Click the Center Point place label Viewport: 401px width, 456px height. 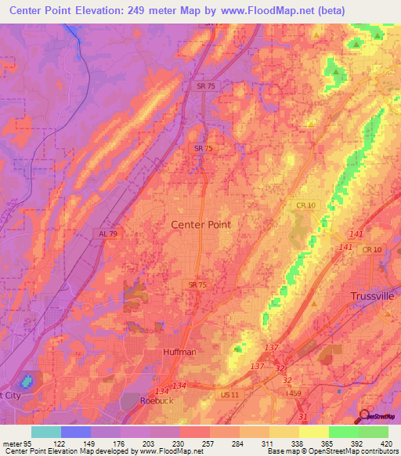pyautogui.click(x=200, y=224)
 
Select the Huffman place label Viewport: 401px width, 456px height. pyautogui.click(x=179, y=353)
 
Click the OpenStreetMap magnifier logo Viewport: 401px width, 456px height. pyautogui.click(x=364, y=415)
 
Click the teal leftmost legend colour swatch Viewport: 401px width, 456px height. pyautogui.click(x=46, y=432)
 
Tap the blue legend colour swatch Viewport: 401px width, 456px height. pyautogui.click(x=76, y=432)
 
